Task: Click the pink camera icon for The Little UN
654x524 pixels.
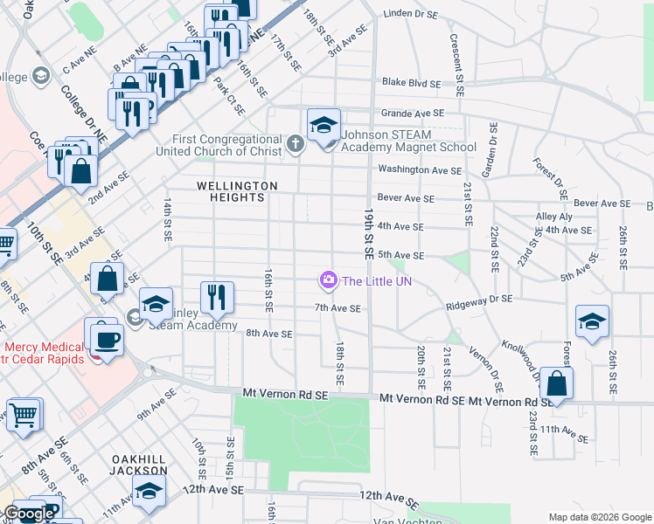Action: pyautogui.click(x=329, y=280)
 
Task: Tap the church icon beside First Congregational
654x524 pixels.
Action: pyautogui.click(x=296, y=143)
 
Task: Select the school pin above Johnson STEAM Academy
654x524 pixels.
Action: pyautogui.click(x=323, y=125)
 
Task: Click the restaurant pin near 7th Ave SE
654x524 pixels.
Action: pyautogui.click(x=215, y=297)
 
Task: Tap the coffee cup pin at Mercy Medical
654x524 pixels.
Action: pyautogui.click(x=106, y=337)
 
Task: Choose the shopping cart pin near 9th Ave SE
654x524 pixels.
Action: pyautogui.click(x=24, y=416)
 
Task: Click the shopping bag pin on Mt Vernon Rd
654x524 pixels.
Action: pyautogui.click(x=556, y=384)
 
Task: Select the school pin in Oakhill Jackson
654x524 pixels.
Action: pyautogui.click(x=149, y=492)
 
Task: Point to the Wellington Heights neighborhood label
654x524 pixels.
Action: pyautogui.click(x=237, y=191)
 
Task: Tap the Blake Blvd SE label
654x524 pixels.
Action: pyautogui.click(x=414, y=84)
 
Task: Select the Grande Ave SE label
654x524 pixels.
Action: pyautogui.click(x=413, y=114)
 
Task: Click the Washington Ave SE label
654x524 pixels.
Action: pyautogui.click(x=419, y=170)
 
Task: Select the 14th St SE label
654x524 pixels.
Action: pyautogui.click(x=166, y=218)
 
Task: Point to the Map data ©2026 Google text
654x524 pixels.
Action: pyautogui.click(x=599, y=517)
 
